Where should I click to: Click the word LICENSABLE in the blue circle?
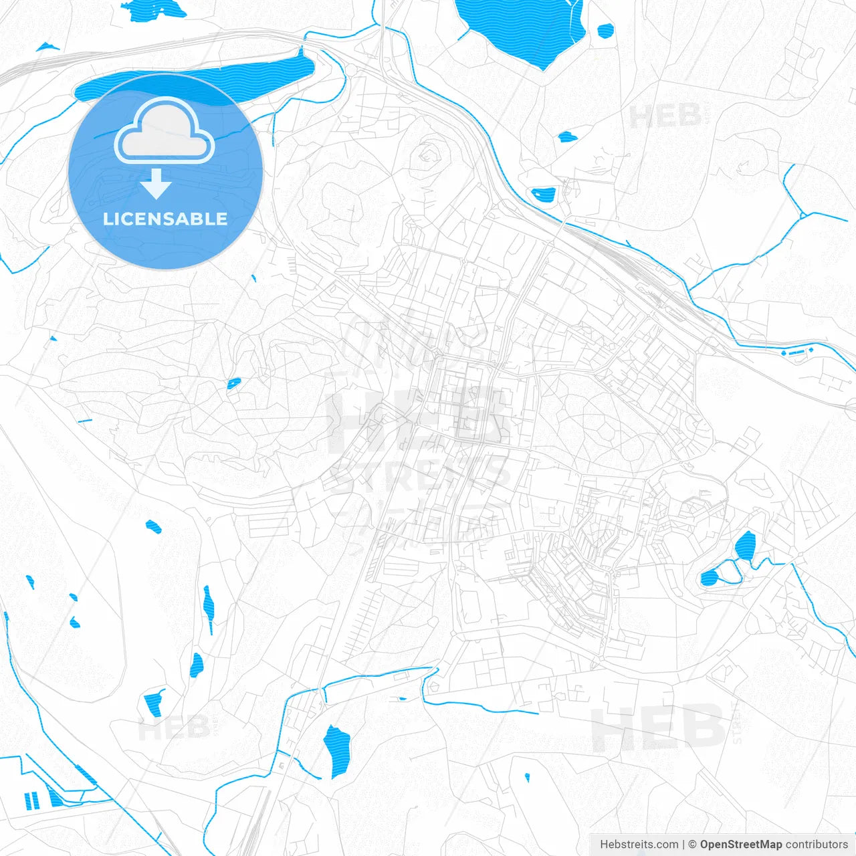pos(165,219)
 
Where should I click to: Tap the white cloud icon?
pos(165,132)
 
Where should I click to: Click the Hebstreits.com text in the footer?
pos(639,845)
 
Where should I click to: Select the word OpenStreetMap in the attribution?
pos(741,845)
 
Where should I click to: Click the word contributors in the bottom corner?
pos(817,845)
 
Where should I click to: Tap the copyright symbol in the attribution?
pos(692,845)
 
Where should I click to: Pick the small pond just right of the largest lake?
pos(605,30)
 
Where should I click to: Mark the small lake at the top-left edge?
pos(154,10)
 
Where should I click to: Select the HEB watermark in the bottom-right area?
pos(659,728)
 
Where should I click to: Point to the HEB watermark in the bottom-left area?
pos(174,728)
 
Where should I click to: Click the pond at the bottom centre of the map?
pos(336,749)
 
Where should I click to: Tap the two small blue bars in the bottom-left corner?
pos(31,800)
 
